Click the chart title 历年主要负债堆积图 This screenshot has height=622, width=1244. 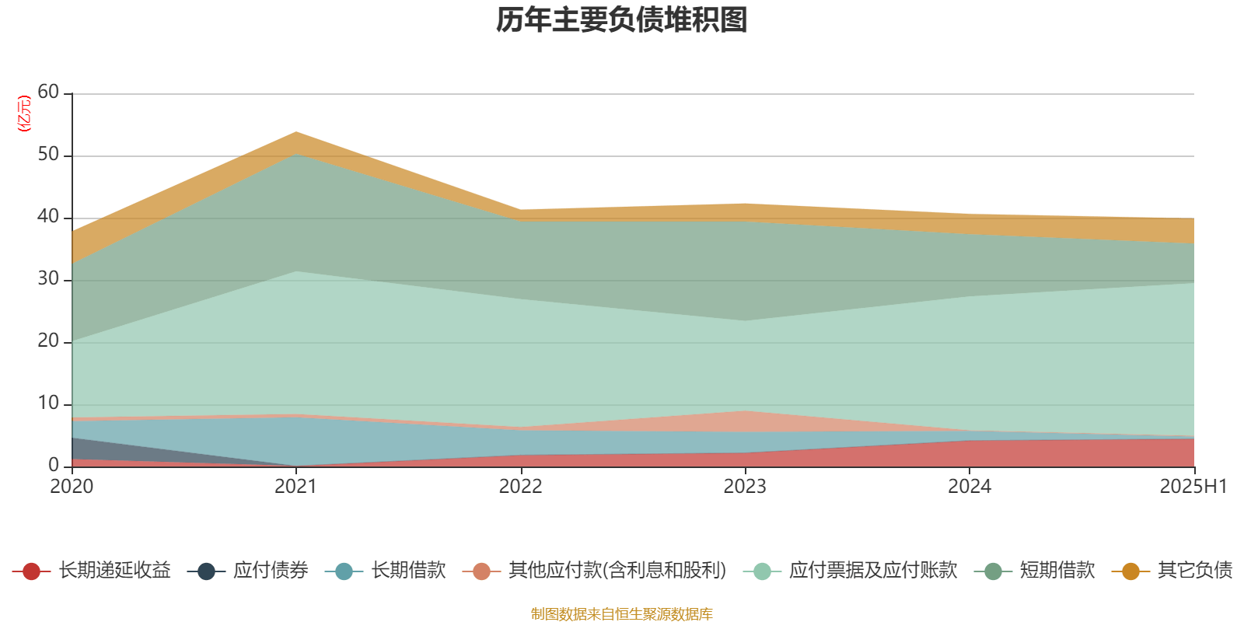pyautogui.click(x=622, y=20)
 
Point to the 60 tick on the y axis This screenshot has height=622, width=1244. pyautogui.click(x=48, y=93)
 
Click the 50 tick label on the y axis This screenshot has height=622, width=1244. pyautogui.click(x=48, y=155)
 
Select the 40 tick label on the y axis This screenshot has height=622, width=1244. pyautogui.click(x=48, y=217)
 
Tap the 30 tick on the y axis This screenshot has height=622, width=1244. pyautogui.click(x=48, y=279)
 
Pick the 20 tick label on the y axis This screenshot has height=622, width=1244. pyautogui.click(x=48, y=341)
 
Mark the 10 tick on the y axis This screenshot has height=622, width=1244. pyautogui.click(x=48, y=404)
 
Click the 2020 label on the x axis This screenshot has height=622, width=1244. pyautogui.click(x=72, y=487)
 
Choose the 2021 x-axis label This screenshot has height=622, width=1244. pyautogui.click(x=296, y=487)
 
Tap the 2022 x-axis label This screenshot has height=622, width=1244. pyautogui.click(x=520, y=487)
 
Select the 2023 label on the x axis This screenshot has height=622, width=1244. pyautogui.click(x=745, y=487)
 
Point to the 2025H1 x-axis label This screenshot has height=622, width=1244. pyautogui.click(x=1193, y=487)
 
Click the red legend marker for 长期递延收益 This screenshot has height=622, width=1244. pyautogui.click(x=31, y=571)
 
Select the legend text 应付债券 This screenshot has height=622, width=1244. pyautogui.click(x=271, y=571)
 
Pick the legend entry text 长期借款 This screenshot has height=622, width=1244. pyautogui.click(x=408, y=571)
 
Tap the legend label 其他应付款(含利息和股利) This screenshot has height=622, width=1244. pyautogui.click(x=617, y=571)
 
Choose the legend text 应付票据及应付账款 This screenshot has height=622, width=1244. pyautogui.click(x=872, y=571)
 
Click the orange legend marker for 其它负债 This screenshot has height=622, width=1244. pyautogui.click(x=1130, y=571)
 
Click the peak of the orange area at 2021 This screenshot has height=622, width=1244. pyautogui.click(x=296, y=133)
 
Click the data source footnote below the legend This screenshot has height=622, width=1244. pyautogui.click(x=622, y=614)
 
